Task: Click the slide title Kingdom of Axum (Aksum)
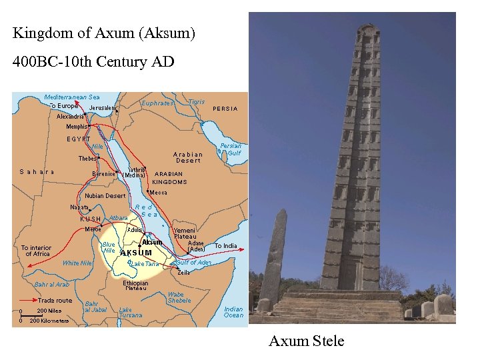click(104, 33)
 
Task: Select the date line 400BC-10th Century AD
click(93, 62)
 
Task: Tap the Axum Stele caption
click(306, 341)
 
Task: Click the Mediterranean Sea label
click(72, 97)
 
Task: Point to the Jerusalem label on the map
click(103, 108)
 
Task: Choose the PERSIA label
click(225, 109)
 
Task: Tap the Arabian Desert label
click(188, 157)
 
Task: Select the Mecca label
click(159, 193)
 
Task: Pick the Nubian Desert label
click(105, 196)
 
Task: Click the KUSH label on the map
click(90, 219)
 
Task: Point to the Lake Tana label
click(145, 264)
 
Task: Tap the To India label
click(225, 246)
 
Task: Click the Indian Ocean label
click(233, 312)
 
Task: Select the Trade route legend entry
click(55, 301)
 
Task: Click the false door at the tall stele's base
click(349, 273)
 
